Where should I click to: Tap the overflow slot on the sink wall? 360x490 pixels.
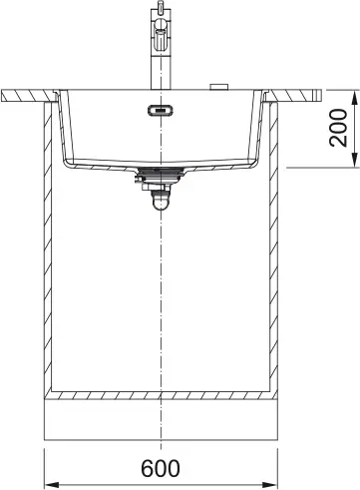(x=159, y=111)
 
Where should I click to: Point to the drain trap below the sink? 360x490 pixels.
(x=160, y=199)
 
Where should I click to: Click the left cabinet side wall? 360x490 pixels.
(x=43, y=249)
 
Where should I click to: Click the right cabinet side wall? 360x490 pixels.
(x=277, y=249)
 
